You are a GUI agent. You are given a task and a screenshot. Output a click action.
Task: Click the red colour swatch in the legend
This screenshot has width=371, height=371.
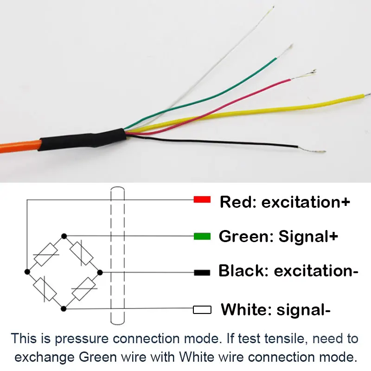coord(202,200)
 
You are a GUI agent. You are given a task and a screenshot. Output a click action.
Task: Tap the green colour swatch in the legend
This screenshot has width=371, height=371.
coord(202,236)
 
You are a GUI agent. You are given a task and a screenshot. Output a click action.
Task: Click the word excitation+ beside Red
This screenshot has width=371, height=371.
coord(306,202)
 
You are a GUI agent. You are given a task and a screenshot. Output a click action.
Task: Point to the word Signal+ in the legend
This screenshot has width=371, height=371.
coord(308,237)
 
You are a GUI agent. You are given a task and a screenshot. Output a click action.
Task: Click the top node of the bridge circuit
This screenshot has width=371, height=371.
coord(64,236)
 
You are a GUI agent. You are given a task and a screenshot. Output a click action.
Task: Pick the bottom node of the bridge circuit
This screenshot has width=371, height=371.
coord(64,308)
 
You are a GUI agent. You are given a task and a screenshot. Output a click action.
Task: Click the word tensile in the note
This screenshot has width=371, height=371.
coord(283,338)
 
